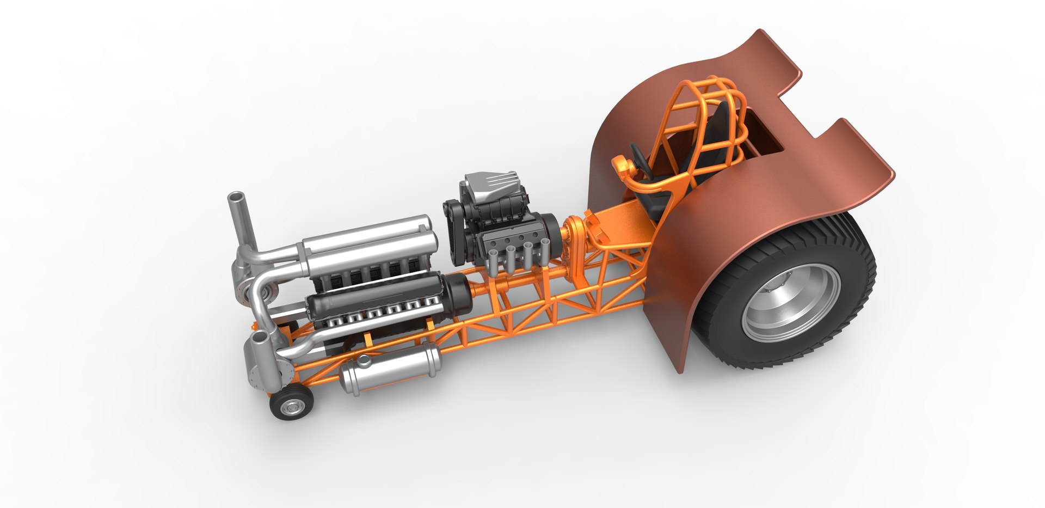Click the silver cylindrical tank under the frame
(x=389, y=368)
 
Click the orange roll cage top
(x=702, y=93)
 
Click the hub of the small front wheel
(x=294, y=406)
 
